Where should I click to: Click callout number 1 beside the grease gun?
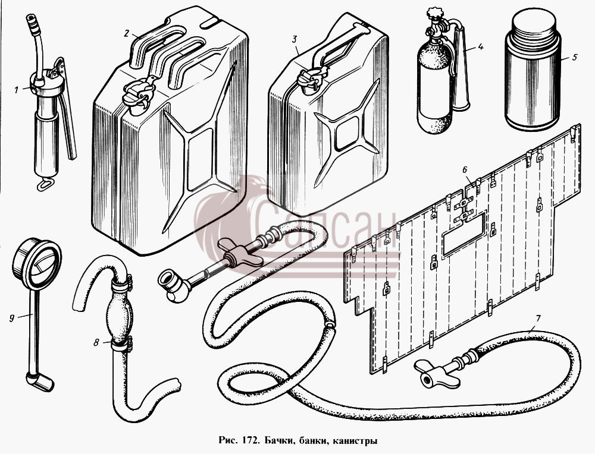click(x=17, y=90)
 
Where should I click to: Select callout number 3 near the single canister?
click(x=295, y=39)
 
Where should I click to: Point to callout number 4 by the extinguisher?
click(x=480, y=47)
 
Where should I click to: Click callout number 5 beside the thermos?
click(x=574, y=58)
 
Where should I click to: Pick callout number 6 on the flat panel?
click(x=465, y=169)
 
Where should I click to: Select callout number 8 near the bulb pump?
click(x=96, y=343)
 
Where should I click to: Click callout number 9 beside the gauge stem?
click(x=12, y=318)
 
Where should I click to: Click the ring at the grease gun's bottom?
click(x=45, y=185)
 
